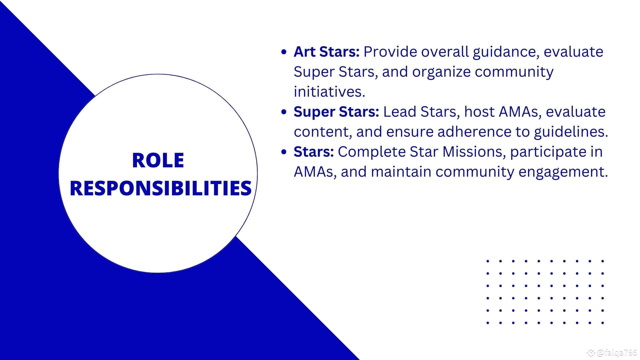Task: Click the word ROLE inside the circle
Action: (158, 160)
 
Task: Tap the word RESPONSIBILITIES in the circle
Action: (160, 188)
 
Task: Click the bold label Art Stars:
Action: (326, 52)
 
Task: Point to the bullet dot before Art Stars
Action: (284, 52)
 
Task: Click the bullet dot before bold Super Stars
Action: (284, 112)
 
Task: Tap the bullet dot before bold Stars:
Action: (284, 152)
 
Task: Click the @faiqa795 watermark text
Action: (617, 353)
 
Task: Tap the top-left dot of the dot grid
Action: (488, 261)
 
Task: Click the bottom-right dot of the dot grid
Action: (603, 323)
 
